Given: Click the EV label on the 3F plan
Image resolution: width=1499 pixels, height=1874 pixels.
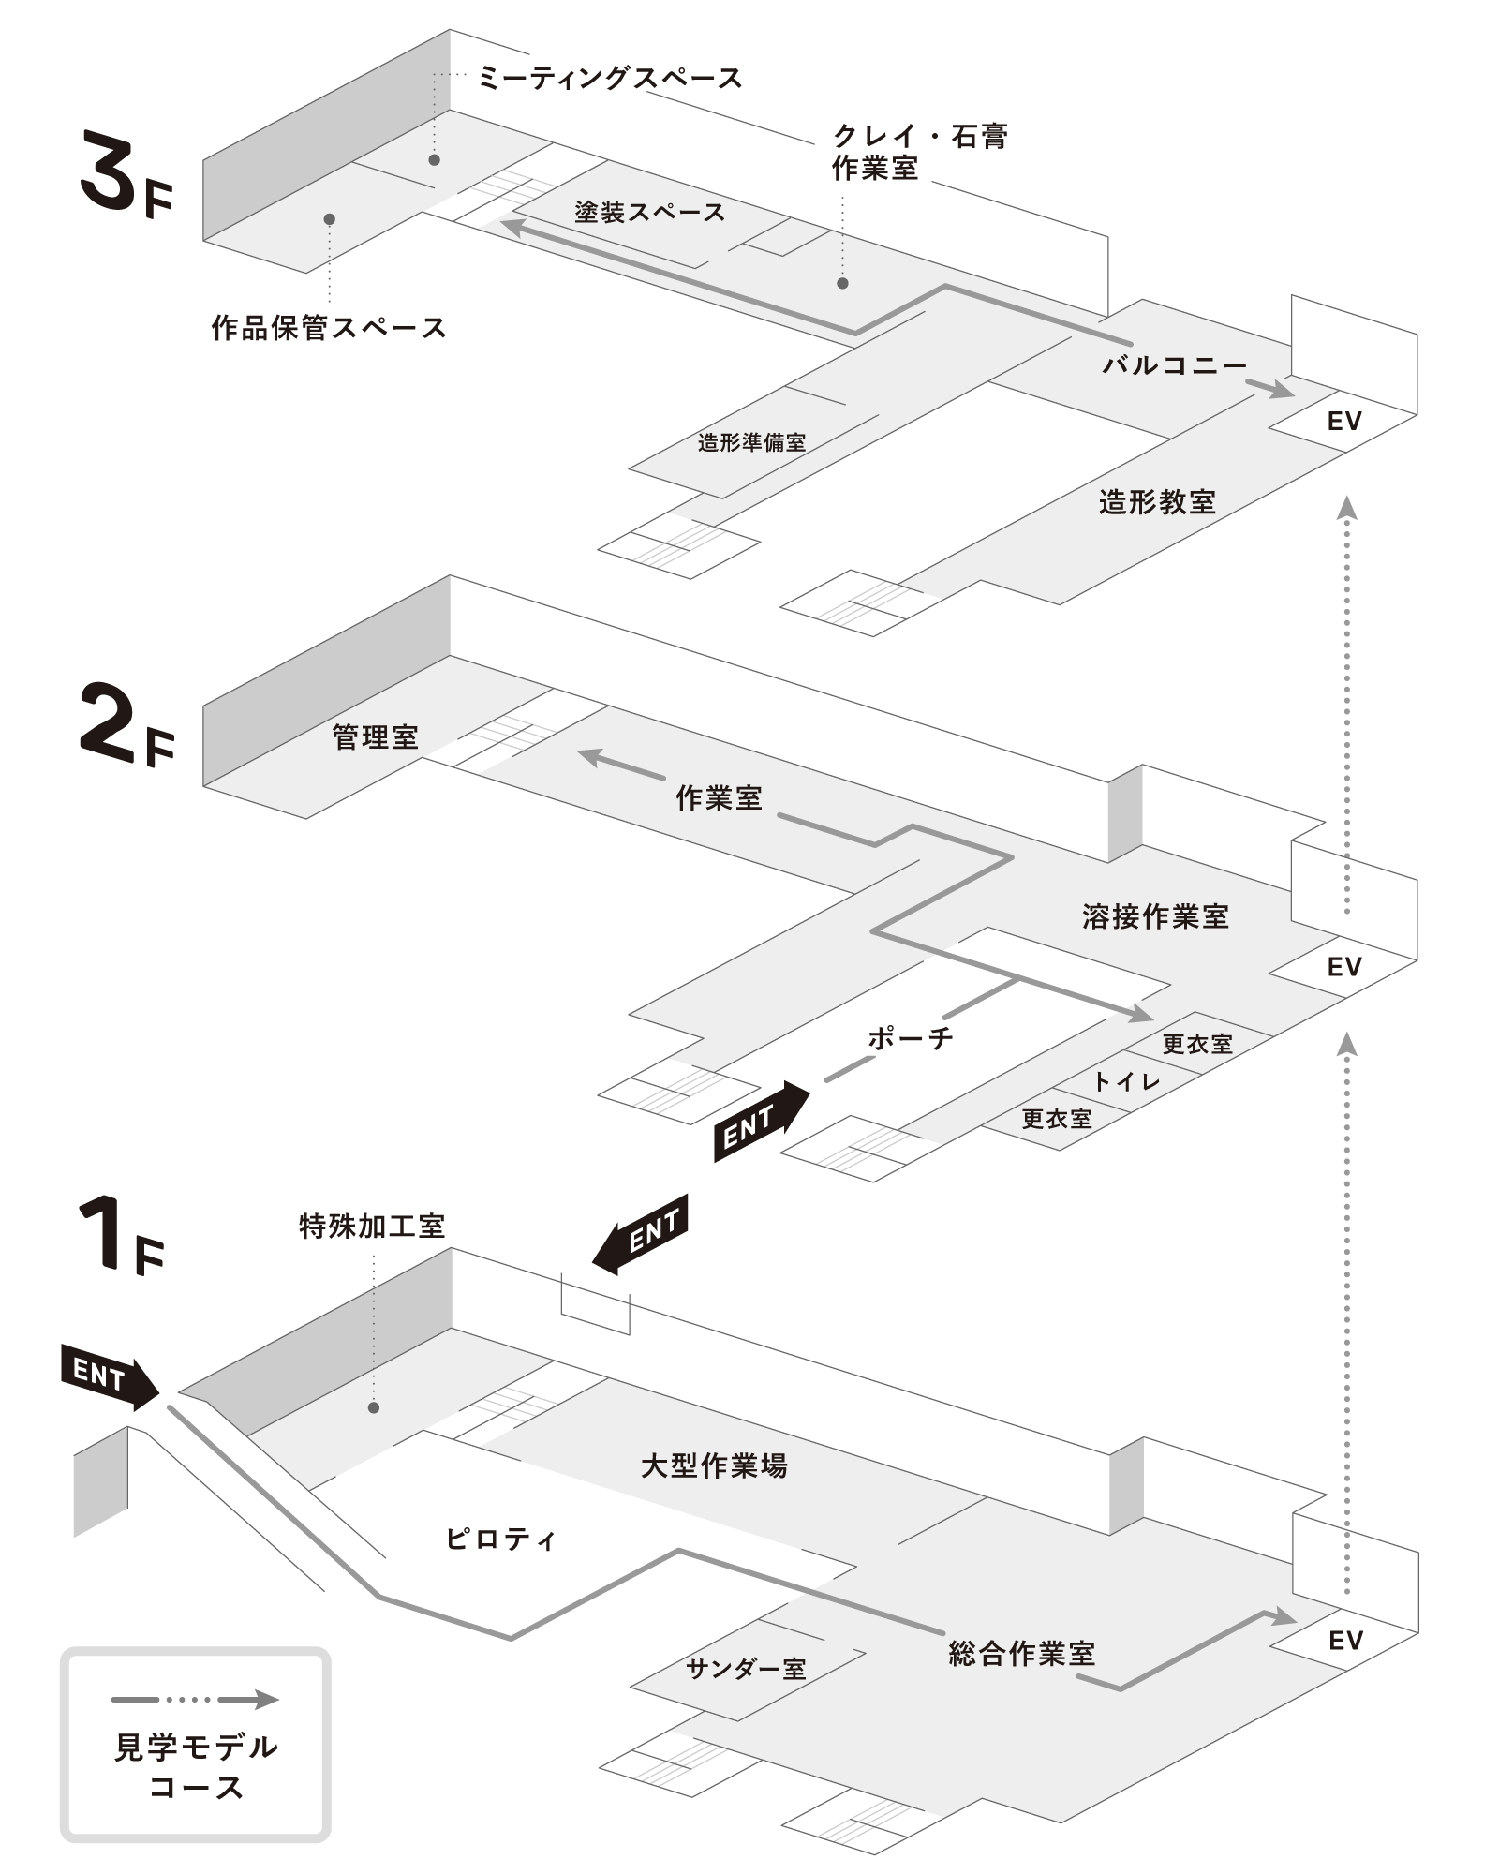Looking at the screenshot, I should [1343, 422].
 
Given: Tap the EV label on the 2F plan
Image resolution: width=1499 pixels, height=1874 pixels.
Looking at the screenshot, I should [1343, 966].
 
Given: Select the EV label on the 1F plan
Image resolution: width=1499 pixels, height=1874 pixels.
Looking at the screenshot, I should [1344, 1640].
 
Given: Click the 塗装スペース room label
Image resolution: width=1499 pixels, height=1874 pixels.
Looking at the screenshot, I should [649, 213].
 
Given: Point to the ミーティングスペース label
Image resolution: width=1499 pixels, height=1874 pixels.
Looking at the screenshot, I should [610, 78].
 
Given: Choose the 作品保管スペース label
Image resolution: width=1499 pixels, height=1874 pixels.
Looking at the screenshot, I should [328, 328].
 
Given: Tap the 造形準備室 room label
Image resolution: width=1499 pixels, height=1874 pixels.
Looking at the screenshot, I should [751, 442].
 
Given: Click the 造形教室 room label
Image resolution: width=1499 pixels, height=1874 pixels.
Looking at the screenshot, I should [1157, 502].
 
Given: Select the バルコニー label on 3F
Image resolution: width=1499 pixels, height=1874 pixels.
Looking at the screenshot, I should [1174, 364].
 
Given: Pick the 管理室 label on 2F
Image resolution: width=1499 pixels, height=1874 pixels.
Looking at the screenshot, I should [375, 737].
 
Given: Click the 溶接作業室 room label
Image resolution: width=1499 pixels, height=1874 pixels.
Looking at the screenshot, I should [1155, 915].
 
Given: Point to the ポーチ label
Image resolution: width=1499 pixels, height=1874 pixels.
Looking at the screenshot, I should [911, 1037].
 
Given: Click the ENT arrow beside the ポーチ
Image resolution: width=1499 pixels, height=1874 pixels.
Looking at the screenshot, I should [760, 1123].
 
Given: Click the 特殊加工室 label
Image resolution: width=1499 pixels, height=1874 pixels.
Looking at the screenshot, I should [371, 1226].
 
